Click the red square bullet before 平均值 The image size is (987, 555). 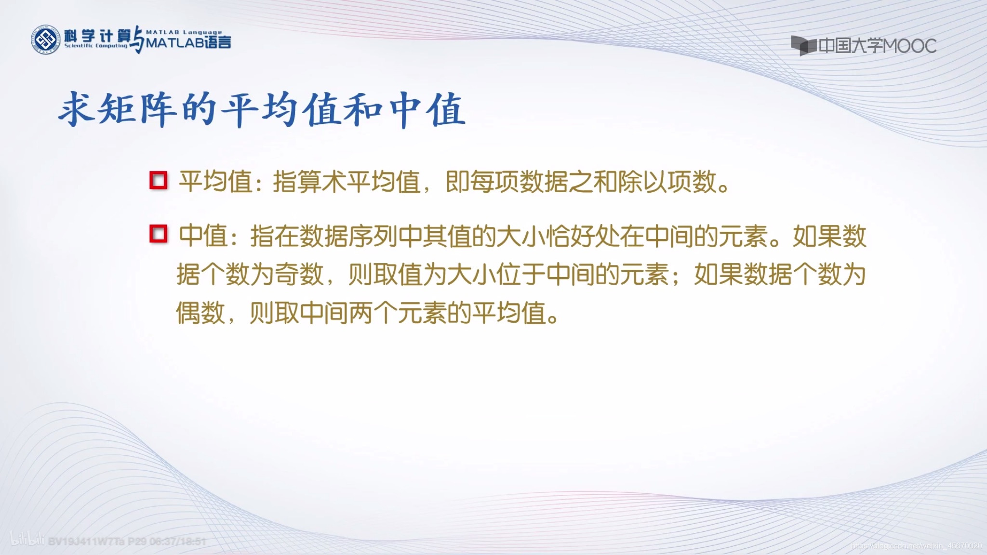click(x=158, y=181)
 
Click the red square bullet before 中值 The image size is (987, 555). click(x=158, y=234)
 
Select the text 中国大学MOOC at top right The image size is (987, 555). click(x=877, y=46)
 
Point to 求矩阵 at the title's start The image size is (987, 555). click(x=117, y=110)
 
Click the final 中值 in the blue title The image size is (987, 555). click(x=427, y=110)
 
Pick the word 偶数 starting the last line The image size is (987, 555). click(x=200, y=314)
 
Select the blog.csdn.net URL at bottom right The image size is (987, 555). click(x=916, y=546)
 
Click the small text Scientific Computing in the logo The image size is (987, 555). click(x=95, y=46)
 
